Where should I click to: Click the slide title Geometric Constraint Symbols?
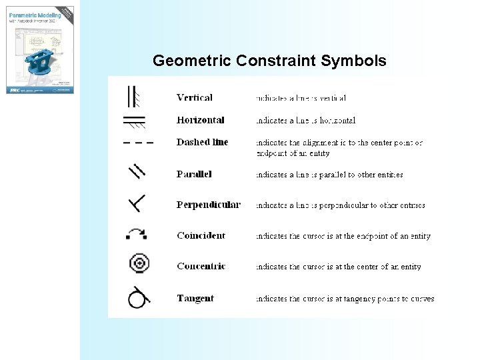point(269,61)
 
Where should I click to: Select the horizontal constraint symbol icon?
point(134,121)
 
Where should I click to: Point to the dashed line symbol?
point(139,143)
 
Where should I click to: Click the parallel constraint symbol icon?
point(137,171)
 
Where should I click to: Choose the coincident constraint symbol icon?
point(137,234)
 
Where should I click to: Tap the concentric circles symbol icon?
point(139,263)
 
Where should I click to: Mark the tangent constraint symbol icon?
point(139,297)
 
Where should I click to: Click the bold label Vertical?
point(195,97)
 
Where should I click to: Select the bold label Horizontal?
point(201,120)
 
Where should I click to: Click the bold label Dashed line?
point(203,142)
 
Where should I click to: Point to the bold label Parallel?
point(194,174)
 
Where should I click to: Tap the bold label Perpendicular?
point(209,205)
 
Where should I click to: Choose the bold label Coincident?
point(201,235)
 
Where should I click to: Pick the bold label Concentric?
point(201,266)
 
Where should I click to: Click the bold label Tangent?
point(195,298)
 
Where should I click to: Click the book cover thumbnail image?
point(41,49)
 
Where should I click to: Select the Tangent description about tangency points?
point(345,299)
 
